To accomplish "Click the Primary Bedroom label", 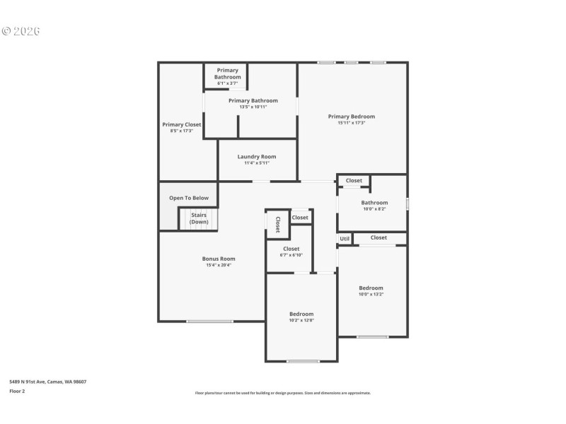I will click(x=351, y=117).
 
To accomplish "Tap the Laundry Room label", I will click(x=257, y=157).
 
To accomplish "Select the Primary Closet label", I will click(x=182, y=124).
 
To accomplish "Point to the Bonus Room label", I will click(x=219, y=259).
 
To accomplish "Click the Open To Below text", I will click(x=189, y=198).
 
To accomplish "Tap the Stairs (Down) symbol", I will click(x=199, y=218).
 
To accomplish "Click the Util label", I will click(x=345, y=239).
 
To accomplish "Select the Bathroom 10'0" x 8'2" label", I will click(x=374, y=203).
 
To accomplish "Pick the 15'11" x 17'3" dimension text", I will click(x=351, y=123).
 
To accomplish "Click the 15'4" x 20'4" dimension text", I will click(x=219, y=265).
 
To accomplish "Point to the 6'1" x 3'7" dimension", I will click(x=228, y=83).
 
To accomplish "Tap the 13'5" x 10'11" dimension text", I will click(x=253, y=107).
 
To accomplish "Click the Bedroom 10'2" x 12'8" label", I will click(x=301, y=314).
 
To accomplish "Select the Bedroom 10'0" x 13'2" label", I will click(x=371, y=288).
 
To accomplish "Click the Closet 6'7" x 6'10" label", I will click(x=291, y=249).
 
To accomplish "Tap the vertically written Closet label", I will click(x=277, y=224).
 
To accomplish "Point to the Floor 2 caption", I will click(x=17, y=390).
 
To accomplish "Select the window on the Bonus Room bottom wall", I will click(x=209, y=322).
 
